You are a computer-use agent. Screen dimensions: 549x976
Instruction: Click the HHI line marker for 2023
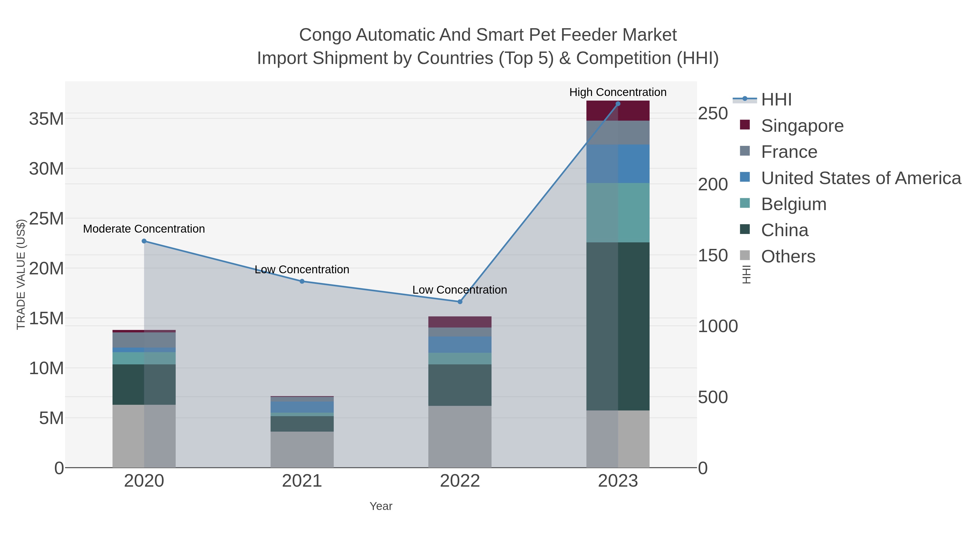click(x=618, y=104)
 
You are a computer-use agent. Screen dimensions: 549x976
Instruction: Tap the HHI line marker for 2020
click(x=144, y=241)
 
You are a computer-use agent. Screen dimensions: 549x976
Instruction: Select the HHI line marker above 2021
click(x=302, y=281)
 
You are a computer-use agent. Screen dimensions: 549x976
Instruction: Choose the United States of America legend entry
click(x=861, y=178)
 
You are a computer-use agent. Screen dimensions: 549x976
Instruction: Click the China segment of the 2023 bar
click(x=618, y=326)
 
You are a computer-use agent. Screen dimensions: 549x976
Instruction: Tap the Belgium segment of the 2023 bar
click(x=618, y=213)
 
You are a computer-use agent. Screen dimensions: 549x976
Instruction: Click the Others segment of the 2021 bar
click(x=302, y=449)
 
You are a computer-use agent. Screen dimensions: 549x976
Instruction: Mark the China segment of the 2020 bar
click(x=144, y=384)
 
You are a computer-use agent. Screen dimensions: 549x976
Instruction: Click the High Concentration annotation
click(x=618, y=92)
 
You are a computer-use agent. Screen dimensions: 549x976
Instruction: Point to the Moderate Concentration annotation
click(x=144, y=229)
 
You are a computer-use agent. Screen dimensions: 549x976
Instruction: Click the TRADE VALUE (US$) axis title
click(x=21, y=274)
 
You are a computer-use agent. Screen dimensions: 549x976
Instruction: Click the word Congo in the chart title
click(x=325, y=35)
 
